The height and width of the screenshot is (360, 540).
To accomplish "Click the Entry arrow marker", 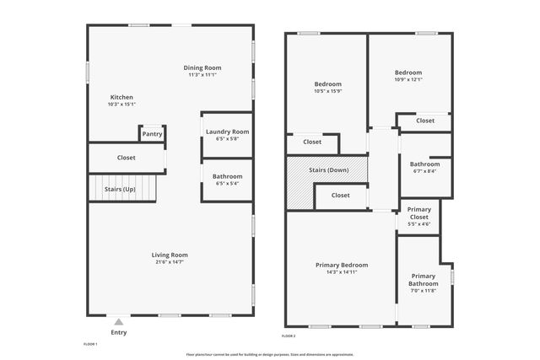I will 119,321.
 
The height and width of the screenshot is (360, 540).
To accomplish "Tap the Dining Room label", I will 202,67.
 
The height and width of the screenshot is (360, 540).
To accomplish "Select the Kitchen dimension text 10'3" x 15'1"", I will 121,105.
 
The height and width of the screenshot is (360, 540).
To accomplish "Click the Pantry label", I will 152,134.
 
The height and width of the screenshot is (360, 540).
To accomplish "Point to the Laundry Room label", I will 228,132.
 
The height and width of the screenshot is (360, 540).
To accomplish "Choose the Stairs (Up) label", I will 120,189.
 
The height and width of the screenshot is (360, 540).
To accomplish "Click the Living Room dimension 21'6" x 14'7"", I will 170,262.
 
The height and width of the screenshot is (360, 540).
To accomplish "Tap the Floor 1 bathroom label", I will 228,176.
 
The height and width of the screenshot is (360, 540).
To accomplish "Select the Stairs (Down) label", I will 327,170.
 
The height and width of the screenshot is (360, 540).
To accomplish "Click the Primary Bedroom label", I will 336,265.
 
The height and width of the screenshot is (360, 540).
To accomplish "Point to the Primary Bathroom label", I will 424,280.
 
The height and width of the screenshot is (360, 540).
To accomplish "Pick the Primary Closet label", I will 419,213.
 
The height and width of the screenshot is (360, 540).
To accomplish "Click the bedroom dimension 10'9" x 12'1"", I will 408,80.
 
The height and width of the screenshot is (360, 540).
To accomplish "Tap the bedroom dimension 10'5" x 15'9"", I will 327,91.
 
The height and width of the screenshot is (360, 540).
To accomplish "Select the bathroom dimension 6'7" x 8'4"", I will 424,171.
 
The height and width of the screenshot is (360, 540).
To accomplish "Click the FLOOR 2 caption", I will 289,336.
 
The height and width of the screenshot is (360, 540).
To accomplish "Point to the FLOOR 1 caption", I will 90,344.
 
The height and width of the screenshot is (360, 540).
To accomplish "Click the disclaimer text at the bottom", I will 270,354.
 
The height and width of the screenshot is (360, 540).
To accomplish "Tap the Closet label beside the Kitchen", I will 127,158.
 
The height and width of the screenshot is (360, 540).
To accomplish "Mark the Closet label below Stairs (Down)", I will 340,196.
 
